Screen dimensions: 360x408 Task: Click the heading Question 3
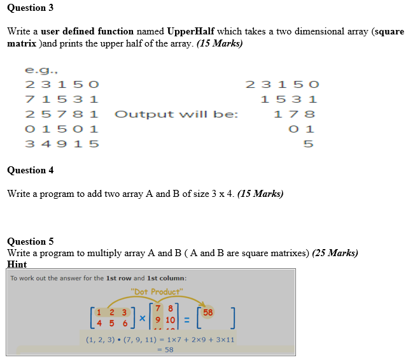(x=30, y=8)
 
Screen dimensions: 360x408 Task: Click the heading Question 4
(x=30, y=170)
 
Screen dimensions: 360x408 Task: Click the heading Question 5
(x=30, y=241)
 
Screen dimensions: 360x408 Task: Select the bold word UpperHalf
(x=194, y=31)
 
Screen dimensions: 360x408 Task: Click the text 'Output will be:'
(x=176, y=115)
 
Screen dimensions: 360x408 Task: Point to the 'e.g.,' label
(x=39, y=70)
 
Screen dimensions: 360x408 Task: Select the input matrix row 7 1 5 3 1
(x=62, y=99)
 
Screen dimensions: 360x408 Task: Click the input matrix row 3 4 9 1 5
(x=62, y=144)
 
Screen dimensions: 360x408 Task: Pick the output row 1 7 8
(x=294, y=115)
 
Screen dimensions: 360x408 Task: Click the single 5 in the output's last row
(x=308, y=144)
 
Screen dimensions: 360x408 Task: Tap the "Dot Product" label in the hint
(x=156, y=292)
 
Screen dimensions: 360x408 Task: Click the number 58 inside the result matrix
(x=208, y=312)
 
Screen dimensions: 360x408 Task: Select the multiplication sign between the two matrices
(x=143, y=316)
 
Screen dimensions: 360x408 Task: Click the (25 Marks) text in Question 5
(x=335, y=253)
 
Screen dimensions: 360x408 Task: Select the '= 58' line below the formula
(x=165, y=350)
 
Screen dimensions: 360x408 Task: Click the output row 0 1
(x=301, y=129)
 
